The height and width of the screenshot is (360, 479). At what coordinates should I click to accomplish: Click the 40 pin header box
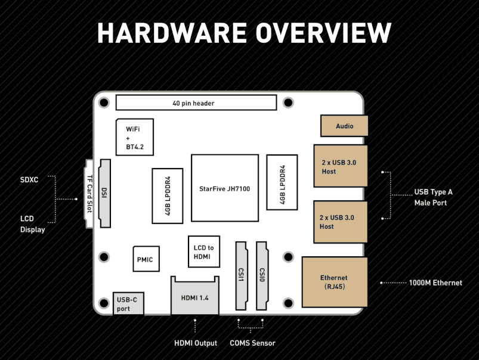click(196, 103)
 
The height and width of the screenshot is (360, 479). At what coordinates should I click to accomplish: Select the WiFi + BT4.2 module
click(135, 137)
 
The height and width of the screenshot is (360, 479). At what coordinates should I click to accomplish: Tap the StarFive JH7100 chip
click(225, 188)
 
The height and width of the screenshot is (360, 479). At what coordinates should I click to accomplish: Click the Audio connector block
click(344, 126)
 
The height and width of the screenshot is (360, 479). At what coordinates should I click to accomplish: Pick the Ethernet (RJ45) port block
click(335, 282)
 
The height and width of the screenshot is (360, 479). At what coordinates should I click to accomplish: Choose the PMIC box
click(146, 259)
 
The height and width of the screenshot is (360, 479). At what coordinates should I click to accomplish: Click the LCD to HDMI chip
click(204, 252)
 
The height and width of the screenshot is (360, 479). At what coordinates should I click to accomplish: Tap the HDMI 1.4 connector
click(195, 296)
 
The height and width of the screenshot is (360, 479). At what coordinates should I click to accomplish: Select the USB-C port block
click(128, 304)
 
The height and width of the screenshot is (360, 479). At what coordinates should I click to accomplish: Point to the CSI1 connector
click(241, 276)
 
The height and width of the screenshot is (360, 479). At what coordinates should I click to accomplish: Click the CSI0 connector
click(262, 276)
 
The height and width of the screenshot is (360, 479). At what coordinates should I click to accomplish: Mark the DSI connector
click(104, 193)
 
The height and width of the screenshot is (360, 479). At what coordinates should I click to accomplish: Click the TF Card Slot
click(89, 194)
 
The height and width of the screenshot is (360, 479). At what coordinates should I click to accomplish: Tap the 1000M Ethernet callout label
click(435, 283)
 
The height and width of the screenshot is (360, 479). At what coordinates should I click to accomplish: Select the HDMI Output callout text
click(196, 343)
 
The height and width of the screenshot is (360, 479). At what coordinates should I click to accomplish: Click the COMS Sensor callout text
click(252, 343)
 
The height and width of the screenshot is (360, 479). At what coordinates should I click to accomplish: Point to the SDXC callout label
click(29, 180)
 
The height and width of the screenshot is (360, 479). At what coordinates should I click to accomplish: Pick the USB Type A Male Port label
click(433, 197)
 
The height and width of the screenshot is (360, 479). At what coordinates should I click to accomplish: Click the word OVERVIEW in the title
click(323, 33)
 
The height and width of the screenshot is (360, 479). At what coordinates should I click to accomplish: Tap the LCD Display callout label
click(32, 224)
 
